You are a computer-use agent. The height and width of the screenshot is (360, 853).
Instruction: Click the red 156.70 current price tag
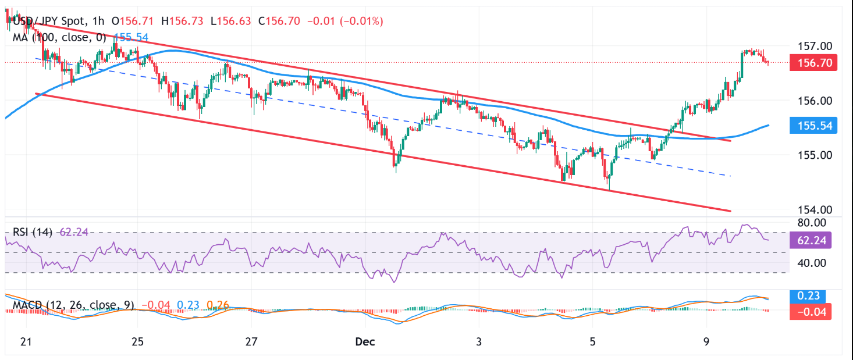[813, 62]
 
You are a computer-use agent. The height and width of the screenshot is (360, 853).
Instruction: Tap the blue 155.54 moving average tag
[813, 126]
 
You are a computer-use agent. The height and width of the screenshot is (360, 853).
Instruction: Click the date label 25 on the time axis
[137, 341]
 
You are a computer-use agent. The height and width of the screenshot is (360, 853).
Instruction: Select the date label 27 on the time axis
[251, 341]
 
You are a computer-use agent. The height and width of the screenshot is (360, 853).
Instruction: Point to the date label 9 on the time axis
[706, 341]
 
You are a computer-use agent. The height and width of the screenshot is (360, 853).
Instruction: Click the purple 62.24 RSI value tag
[813, 240]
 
